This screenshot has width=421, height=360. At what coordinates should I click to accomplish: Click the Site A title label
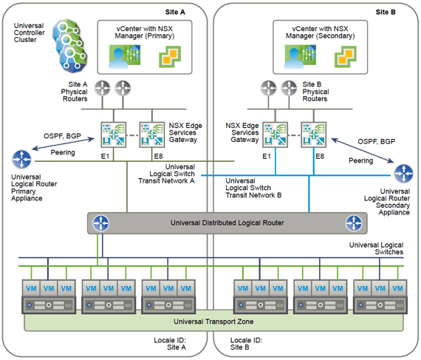pyautogui.click(x=175, y=12)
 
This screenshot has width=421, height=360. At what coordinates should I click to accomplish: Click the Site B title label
pyautogui.click(x=386, y=12)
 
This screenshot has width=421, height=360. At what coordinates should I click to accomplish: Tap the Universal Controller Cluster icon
pyautogui.click(x=70, y=46)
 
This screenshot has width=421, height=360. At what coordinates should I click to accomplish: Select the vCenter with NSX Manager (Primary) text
pyautogui.click(x=145, y=33)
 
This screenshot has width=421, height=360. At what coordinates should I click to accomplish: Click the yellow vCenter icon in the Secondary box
pyautogui.click(x=345, y=57)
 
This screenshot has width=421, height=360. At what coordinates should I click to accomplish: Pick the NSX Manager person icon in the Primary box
pyautogui.click(x=125, y=57)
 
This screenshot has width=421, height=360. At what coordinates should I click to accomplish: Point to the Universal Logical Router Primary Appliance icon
pyautogui.click(x=21, y=160)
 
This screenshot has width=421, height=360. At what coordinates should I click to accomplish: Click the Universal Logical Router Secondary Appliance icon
pyautogui.click(x=403, y=173)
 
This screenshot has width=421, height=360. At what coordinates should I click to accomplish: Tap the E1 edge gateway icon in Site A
pyautogui.click(x=114, y=135)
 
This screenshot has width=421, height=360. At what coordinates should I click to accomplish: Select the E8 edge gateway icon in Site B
pyautogui.click(x=314, y=135)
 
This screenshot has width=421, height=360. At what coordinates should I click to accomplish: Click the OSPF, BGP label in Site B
pyautogui.click(x=377, y=142)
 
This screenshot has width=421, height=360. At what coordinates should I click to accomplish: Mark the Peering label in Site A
pyautogui.click(x=63, y=152)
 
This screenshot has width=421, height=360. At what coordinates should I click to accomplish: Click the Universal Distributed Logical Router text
pyautogui.click(x=227, y=223)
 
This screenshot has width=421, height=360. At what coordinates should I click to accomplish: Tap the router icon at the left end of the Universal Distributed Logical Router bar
pyautogui.click(x=100, y=223)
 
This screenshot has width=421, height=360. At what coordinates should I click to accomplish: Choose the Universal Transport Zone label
pyautogui.click(x=213, y=322)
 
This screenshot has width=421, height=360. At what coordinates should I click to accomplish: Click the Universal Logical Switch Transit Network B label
pyautogui.click(x=253, y=188)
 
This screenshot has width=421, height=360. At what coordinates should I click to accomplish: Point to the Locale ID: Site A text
pyautogui.click(x=170, y=344)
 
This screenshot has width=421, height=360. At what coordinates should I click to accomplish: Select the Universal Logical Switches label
pyautogui.click(x=376, y=248)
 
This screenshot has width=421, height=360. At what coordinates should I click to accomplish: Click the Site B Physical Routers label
pyautogui.click(x=315, y=92)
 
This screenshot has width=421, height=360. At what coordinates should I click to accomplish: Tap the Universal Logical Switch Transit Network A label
pyautogui.click(x=166, y=174)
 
